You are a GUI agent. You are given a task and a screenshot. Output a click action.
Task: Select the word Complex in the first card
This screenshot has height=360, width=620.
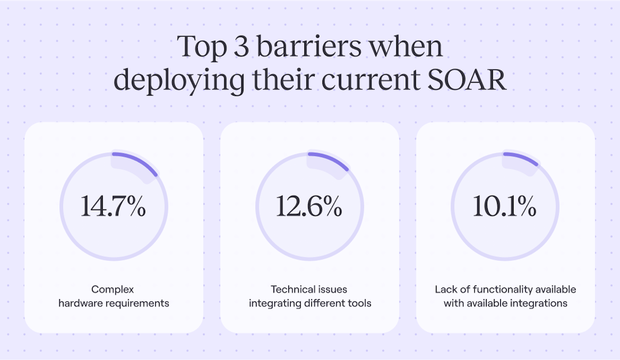click(x=113, y=289)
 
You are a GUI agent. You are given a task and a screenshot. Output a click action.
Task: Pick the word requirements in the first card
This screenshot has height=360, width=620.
click(x=141, y=303)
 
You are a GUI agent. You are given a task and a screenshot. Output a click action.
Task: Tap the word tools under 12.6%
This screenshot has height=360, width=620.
click(x=360, y=303)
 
